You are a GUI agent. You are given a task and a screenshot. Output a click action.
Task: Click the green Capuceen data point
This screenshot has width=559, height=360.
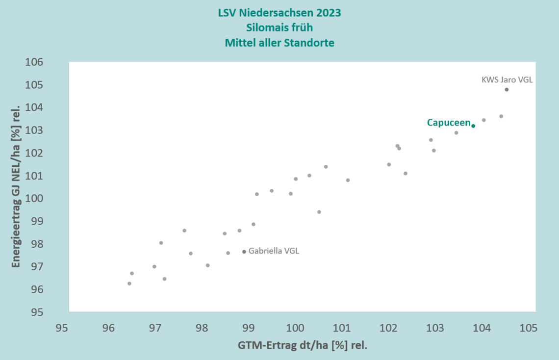(x=473, y=126)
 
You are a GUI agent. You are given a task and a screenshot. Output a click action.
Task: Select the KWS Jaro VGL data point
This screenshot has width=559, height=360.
(x=507, y=90)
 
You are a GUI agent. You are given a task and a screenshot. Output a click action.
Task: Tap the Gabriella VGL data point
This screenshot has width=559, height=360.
(x=244, y=252)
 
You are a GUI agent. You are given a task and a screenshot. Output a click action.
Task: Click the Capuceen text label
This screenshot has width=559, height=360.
(x=448, y=123)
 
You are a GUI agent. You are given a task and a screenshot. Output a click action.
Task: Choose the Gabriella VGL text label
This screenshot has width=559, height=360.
(x=274, y=251)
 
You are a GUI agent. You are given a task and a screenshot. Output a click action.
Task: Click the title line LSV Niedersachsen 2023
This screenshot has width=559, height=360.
(x=279, y=13)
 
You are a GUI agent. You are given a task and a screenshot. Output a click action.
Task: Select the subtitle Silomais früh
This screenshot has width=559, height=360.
(x=279, y=27)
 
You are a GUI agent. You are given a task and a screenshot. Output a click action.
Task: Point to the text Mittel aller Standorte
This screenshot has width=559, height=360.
(x=279, y=43)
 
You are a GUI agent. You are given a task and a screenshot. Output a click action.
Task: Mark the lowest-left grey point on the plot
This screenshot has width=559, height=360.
(x=129, y=283)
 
